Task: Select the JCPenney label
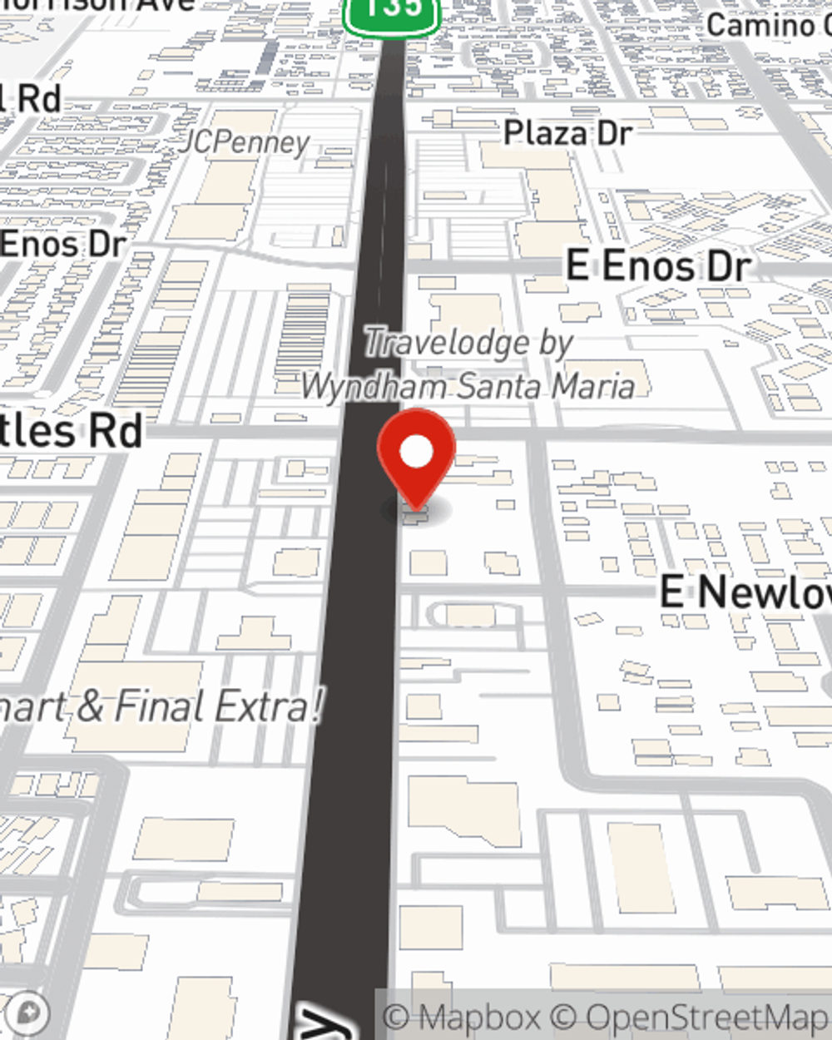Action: click(x=246, y=142)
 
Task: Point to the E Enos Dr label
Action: click(x=658, y=266)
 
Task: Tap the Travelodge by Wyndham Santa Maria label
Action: click(x=468, y=364)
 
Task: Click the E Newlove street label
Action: click(x=745, y=592)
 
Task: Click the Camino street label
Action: click(x=768, y=25)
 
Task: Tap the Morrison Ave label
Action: click(x=100, y=4)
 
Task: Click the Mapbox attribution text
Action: click(x=463, y=1017)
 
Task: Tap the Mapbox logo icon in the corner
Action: click(x=28, y=1013)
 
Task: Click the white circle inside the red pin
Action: click(x=416, y=452)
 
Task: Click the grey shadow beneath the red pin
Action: click(x=416, y=510)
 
